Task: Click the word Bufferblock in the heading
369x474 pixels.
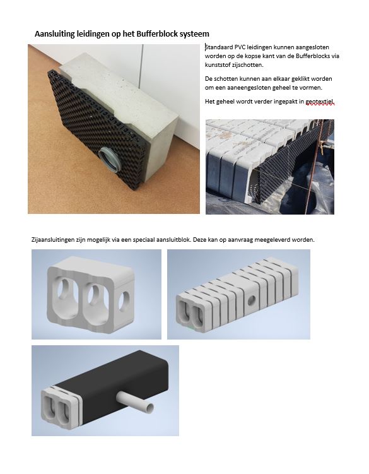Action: [x=157, y=33]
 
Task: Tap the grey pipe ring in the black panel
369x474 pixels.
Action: [x=109, y=159]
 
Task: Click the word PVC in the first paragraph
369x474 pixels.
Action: [x=240, y=47]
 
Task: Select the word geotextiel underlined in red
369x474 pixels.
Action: [x=320, y=102]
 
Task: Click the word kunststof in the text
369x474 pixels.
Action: [x=218, y=64]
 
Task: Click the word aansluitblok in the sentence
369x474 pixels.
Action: [x=173, y=240]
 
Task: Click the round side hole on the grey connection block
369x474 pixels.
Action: [x=123, y=301]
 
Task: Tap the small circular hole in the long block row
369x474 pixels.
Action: [x=251, y=300]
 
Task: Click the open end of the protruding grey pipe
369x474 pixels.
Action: [x=149, y=408]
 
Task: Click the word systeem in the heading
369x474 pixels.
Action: [x=194, y=34]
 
